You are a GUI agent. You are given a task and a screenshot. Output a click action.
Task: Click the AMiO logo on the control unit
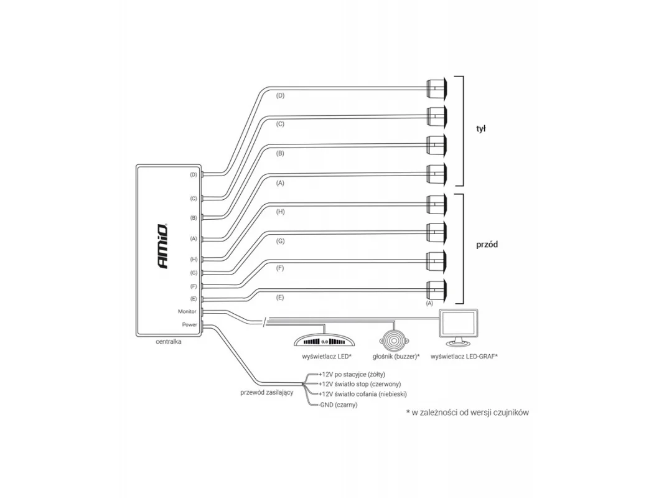click(x=162, y=246)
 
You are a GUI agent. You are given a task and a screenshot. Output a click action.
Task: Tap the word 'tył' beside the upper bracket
click(x=480, y=129)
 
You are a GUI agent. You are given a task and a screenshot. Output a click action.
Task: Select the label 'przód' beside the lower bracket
click(x=487, y=245)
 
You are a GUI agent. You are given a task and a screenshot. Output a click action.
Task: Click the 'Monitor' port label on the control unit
click(x=187, y=311)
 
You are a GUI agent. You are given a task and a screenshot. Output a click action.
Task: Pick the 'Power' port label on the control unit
click(x=189, y=324)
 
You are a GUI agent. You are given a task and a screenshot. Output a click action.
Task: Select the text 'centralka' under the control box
click(x=169, y=341)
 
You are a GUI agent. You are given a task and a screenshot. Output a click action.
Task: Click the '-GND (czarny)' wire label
click(x=338, y=405)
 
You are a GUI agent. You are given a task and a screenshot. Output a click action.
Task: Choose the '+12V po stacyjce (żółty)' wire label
click(x=352, y=374)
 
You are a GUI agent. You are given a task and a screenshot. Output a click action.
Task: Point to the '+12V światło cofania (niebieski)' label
click(x=362, y=394)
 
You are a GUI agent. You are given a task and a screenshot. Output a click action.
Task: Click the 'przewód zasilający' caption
click(x=267, y=393)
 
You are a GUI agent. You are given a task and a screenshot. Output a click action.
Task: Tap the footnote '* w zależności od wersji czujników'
click(x=467, y=413)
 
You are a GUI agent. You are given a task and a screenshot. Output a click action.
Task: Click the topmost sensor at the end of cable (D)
click(x=436, y=88)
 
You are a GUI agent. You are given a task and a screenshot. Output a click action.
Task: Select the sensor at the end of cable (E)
click(x=436, y=291)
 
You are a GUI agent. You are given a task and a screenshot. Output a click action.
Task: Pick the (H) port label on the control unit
click(x=194, y=259)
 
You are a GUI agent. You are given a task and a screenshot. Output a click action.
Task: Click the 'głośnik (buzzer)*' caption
click(x=396, y=357)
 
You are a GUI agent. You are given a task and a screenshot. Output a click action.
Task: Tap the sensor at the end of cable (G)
click(x=436, y=232)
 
